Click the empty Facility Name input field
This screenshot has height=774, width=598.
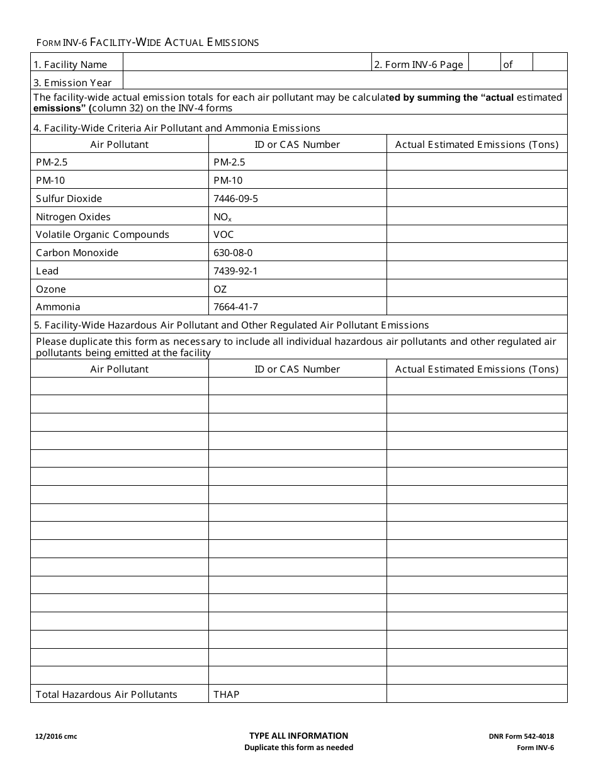[x=247, y=62]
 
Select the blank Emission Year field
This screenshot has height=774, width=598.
[x=345, y=81]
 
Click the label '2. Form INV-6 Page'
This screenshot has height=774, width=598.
[x=419, y=64]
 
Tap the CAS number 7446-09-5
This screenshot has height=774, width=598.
[x=236, y=198]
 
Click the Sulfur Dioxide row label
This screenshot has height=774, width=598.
[x=69, y=198]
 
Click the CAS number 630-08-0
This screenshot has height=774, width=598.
[x=234, y=253]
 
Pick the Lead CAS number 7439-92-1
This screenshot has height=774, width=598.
[x=236, y=271]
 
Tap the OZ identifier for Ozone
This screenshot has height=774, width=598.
[x=220, y=289]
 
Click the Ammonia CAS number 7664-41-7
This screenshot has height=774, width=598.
[x=236, y=307]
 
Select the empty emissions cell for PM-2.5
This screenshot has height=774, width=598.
[x=477, y=162]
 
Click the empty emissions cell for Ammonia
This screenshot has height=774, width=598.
[x=477, y=307]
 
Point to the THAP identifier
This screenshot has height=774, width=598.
[x=227, y=695]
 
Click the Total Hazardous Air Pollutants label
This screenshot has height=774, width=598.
[x=106, y=695]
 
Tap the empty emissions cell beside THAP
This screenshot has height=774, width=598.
[x=477, y=694]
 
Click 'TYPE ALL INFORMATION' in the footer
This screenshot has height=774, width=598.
[x=298, y=736]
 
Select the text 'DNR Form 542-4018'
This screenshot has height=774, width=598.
[x=521, y=736]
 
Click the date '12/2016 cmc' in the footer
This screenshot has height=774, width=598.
[x=57, y=736]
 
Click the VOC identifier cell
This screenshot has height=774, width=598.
[x=223, y=235]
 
